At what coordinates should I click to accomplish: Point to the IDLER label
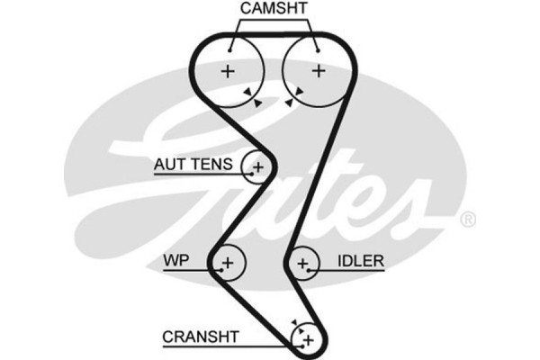pyautogui.click(x=361, y=261)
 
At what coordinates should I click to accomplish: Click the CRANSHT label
pyautogui.click(x=200, y=337)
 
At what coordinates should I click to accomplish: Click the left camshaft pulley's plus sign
pyautogui.click(x=229, y=71)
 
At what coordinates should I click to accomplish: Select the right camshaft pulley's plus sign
pyautogui.click(x=317, y=71)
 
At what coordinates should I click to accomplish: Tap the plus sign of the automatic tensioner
pyautogui.click(x=259, y=166)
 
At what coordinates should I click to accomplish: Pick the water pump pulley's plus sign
pyautogui.click(x=227, y=263)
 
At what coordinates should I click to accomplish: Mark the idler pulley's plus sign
pyautogui.click(x=304, y=263)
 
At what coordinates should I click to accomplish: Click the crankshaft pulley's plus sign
pyautogui.click(x=308, y=339)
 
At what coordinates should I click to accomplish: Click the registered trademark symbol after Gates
pyautogui.click(x=468, y=220)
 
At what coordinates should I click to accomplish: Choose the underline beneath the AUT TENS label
pyautogui.click(x=199, y=175)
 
